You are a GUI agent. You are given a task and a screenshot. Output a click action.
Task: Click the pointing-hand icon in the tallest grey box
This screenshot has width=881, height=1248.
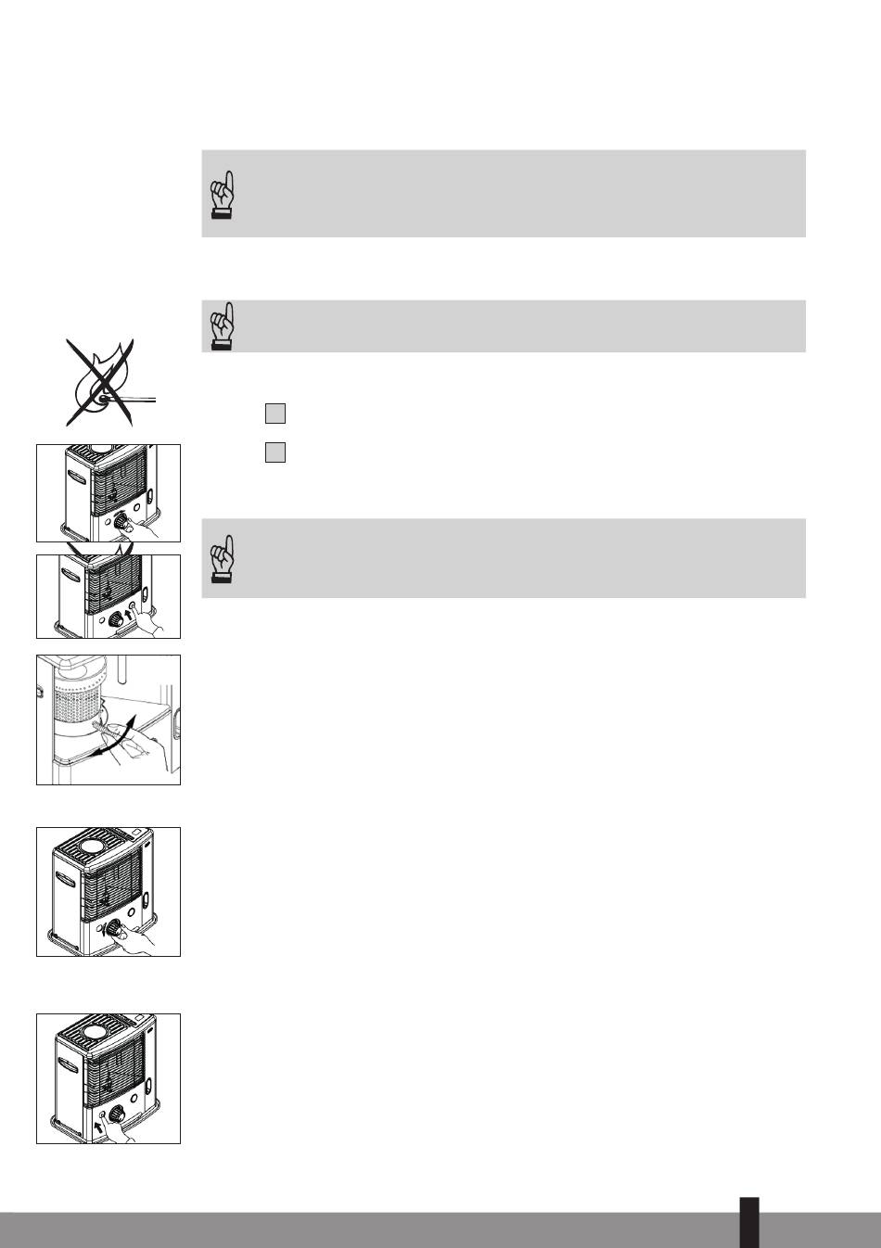tap(222, 194)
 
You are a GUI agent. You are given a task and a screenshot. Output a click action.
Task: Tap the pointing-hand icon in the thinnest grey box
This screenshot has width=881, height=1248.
tap(222, 325)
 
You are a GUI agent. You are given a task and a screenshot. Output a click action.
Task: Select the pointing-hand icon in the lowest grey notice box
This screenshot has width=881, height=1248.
tap(222, 558)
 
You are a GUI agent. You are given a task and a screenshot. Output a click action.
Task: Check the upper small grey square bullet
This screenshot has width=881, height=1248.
tap(275, 414)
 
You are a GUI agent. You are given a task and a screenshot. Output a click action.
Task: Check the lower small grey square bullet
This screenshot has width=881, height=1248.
tap(275, 452)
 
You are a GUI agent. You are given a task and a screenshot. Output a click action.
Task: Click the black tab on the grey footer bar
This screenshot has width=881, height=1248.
tap(749, 1222)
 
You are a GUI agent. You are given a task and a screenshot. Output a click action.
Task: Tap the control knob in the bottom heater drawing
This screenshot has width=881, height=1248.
tap(117, 1114)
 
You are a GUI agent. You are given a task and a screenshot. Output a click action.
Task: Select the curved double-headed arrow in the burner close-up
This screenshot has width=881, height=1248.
tap(119, 737)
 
